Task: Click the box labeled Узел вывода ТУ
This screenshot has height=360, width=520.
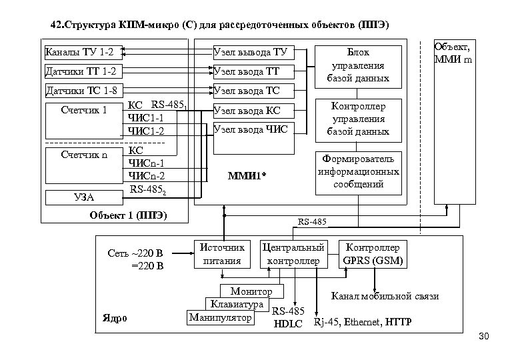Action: coord(250,52)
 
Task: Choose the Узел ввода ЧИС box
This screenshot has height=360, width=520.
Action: coord(250,129)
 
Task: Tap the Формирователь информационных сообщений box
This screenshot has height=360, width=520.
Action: coord(358,171)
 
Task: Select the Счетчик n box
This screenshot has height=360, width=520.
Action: coord(84,155)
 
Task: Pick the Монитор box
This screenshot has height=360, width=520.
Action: coord(251,292)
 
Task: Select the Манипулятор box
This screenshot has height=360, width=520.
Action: coord(221,317)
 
